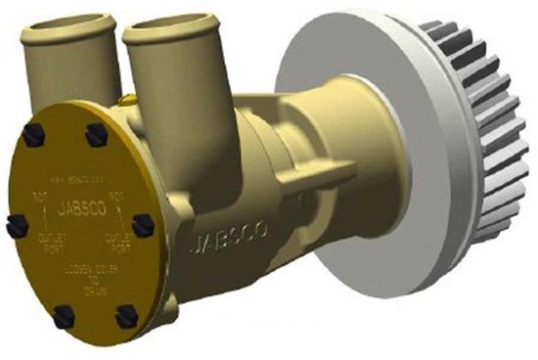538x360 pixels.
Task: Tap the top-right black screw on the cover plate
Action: [x=96, y=135]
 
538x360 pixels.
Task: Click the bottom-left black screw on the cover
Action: [x=65, y=314]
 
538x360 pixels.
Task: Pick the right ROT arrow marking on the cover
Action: [x=112, y=202]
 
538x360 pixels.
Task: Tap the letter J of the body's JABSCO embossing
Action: [x=189, y=241]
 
